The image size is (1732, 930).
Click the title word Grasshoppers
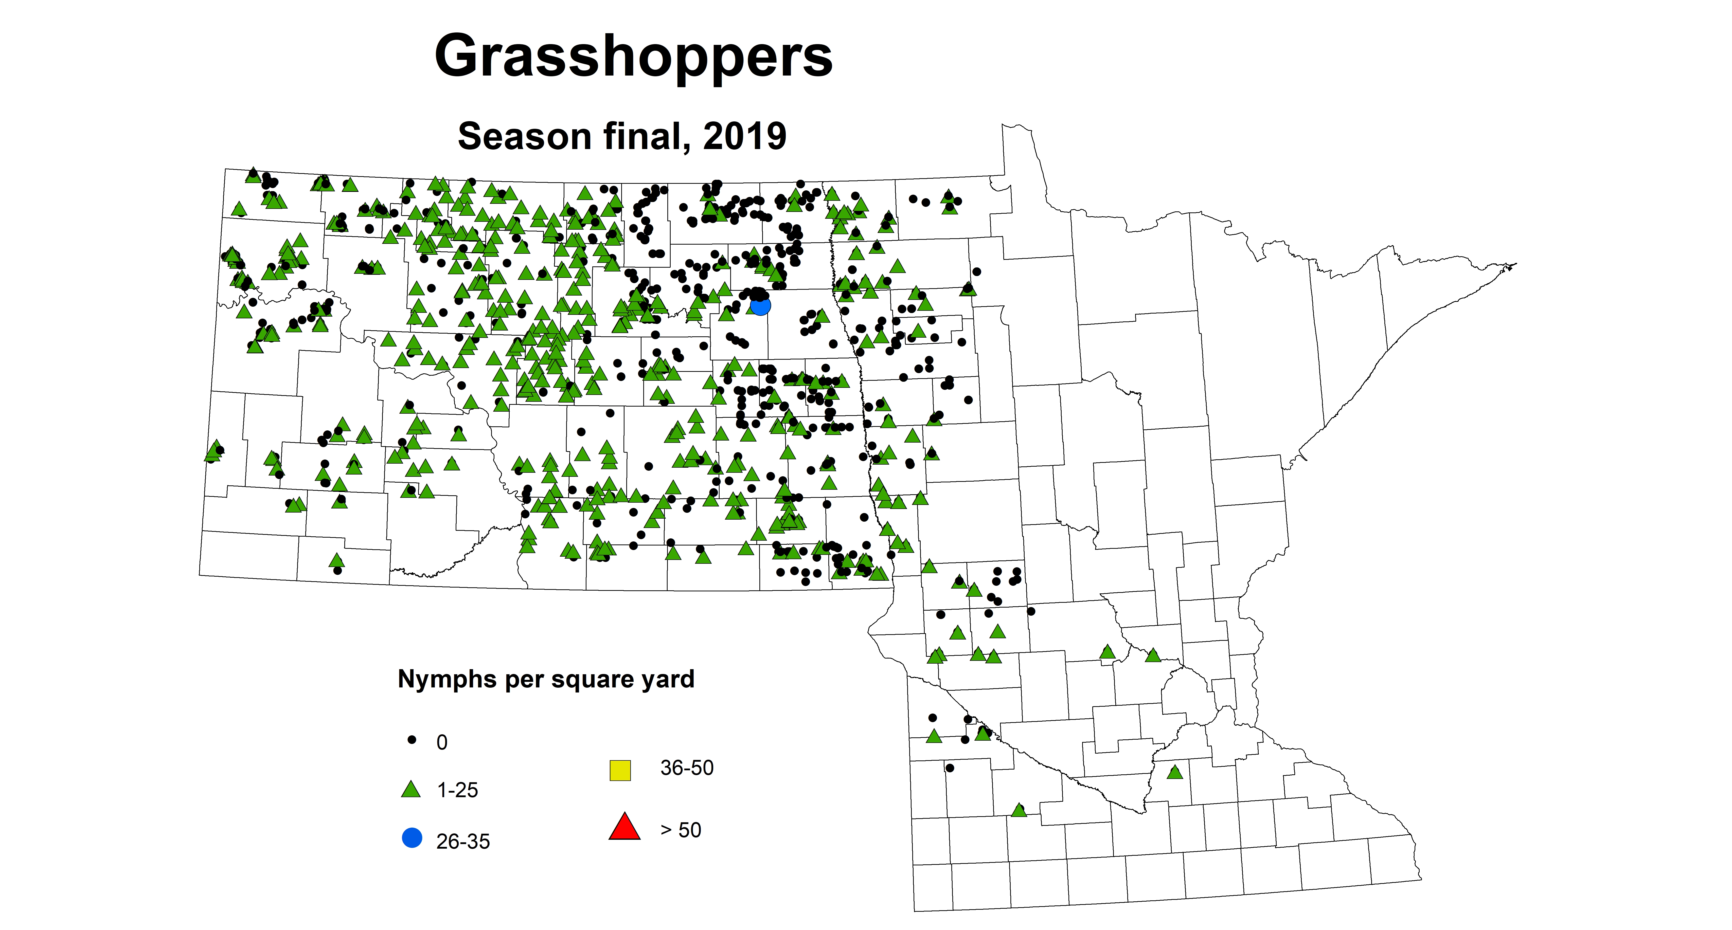633,57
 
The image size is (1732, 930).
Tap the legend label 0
442,742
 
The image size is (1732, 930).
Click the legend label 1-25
457,790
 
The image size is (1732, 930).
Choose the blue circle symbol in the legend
412,838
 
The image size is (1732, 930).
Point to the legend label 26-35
463,841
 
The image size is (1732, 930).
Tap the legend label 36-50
686,767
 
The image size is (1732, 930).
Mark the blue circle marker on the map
760,306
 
